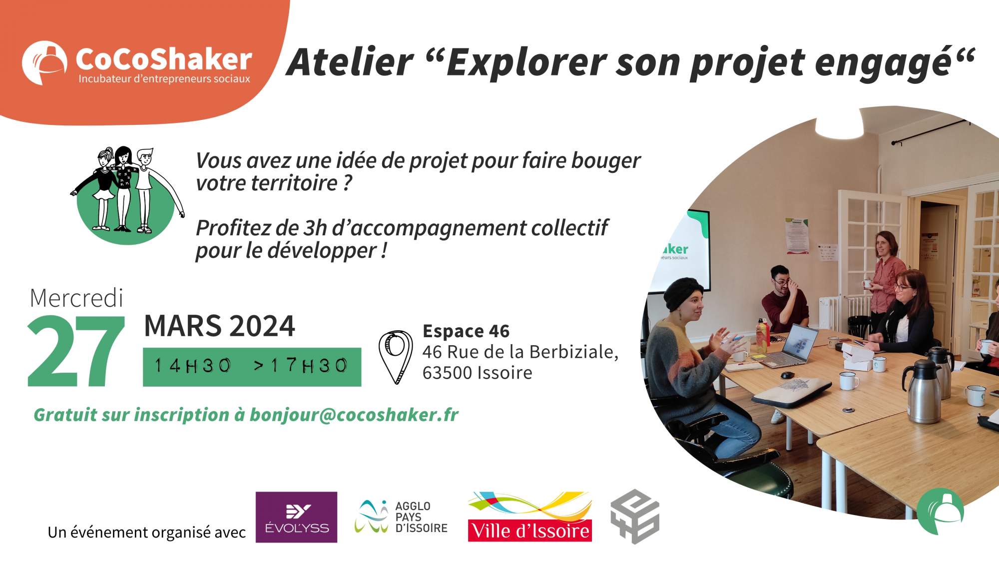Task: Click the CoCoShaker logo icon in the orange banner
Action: click(x=44, y=62)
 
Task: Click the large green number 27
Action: click(x=76, y=352)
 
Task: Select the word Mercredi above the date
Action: click(x=76, y=298)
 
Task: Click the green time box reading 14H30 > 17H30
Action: click(x=252, y=367)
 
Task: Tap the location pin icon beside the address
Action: click(x=395, y=356)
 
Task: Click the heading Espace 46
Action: click(x=466, y=331)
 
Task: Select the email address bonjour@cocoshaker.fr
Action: click(x=354, y=415)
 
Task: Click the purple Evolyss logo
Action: click(x=296, y=517)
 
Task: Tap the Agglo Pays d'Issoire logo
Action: click(x=401, y=517)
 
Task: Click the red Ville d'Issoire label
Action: click(x=530, y=531)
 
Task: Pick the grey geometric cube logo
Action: click(x=635, y=517)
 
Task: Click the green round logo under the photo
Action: click(x=940, y=511)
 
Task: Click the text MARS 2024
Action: click(x=219, y=326)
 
